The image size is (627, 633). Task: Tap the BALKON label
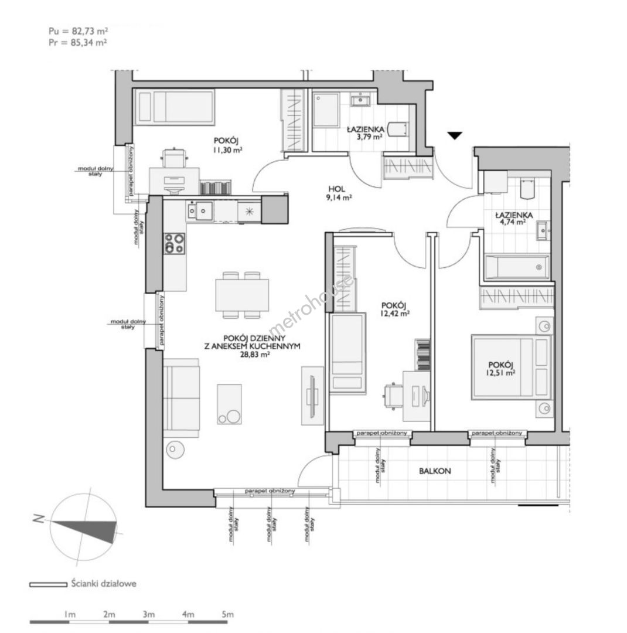[x=435, y=471]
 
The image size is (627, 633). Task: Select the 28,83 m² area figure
[x=254, y=355]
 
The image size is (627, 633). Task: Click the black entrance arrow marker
[x=455, y=135]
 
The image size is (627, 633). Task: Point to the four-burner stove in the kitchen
[x=175, y=243]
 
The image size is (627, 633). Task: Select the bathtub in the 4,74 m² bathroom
[x=517, y=267]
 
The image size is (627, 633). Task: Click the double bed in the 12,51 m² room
[x=512, y=367]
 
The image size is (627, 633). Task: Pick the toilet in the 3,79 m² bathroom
[x=398, y=130]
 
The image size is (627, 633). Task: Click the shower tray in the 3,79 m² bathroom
[x=326, y=110]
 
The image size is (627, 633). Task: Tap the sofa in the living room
[x=181, y=398]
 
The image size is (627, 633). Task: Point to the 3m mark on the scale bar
[x=148, y=614]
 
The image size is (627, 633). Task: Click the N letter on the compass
[x=38, y=519]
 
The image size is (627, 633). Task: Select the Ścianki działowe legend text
[x=104, y=583]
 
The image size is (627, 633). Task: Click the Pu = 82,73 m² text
[x=79, y=30]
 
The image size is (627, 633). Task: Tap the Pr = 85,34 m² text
[x=78, y=42]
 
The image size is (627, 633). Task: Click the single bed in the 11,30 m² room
[x=175, y=107]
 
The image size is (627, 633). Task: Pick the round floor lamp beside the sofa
[x=175, y=449]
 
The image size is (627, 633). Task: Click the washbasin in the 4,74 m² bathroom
[x=543, y=231]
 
